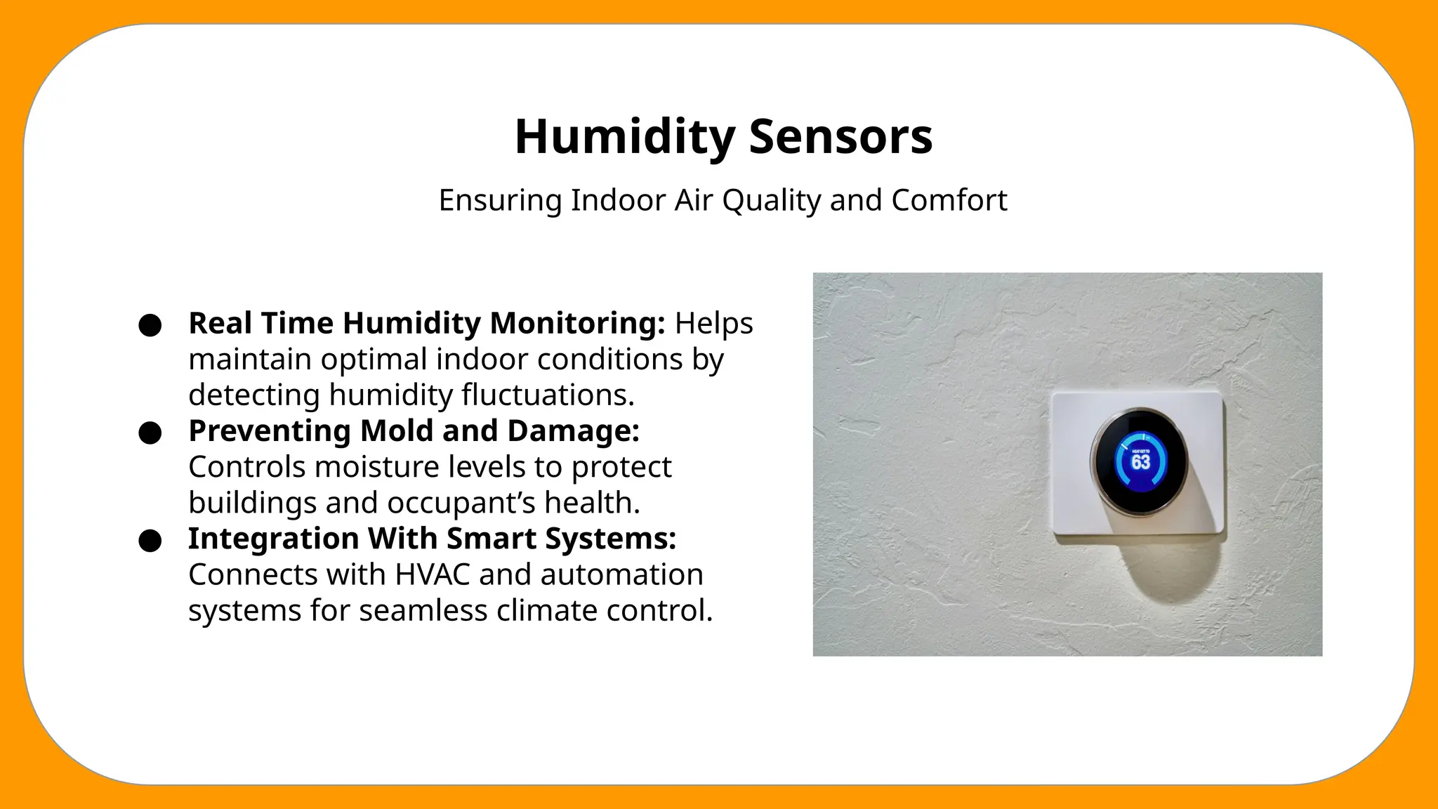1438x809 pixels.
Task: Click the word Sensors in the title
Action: [x=840, y=137]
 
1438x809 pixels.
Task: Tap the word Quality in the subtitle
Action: [x=772, y=201]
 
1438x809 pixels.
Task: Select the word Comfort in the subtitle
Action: [x=949, y=201]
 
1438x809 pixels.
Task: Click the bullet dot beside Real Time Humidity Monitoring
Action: [x=150, y=325]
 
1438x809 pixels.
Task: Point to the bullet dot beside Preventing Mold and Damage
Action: [x=150, y=433]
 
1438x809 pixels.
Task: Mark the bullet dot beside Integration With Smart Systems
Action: [x=150, y=541]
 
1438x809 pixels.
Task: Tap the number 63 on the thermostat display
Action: [x=1140, y=461]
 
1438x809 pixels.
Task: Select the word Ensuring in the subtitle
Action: [x=501, y=201]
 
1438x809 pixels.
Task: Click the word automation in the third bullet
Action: [x=621, y=575]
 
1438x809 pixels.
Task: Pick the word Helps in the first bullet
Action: [x=713, y=324]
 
